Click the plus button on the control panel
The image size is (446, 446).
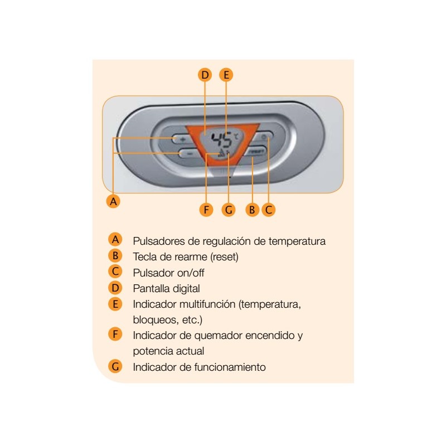tap(182, 139)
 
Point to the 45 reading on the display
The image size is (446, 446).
tap(221, 140)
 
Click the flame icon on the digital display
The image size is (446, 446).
tap(221, 154)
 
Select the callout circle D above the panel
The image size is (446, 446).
tap(205, 75)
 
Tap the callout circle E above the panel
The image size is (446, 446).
tap(226, 75)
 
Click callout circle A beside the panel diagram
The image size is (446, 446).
tap(113, 201)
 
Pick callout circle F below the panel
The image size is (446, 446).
tap(206, 210)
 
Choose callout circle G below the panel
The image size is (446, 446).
tap(229, 210)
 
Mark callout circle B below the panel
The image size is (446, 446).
tap(252, 210)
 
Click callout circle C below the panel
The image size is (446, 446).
tap(269, 210)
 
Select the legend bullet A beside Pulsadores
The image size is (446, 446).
tap(115, 240)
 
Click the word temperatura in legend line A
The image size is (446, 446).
tap(297, 241)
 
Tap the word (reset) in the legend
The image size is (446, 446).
tap(225, 257)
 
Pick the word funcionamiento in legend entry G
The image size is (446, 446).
tap(230, 367)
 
